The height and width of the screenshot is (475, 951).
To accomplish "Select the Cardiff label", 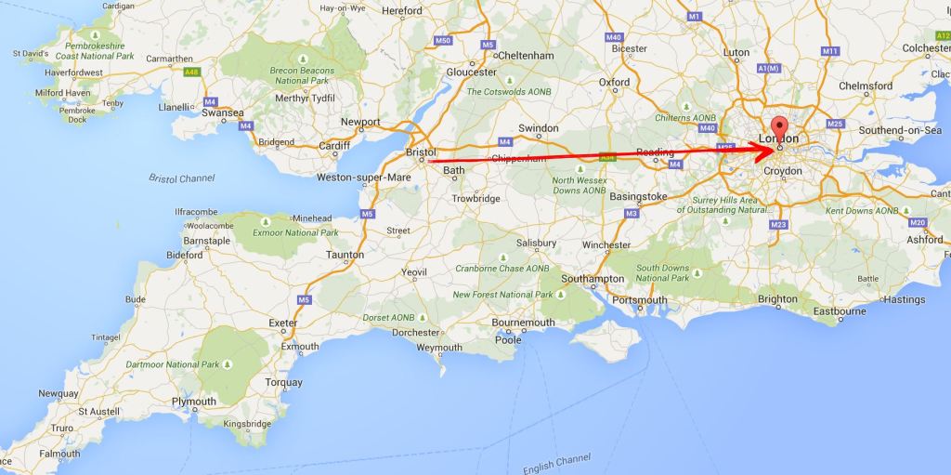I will click(x=334, y=145).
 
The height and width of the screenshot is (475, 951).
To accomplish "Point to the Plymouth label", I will click(x=194, y=402).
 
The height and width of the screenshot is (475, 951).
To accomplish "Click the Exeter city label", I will click(x=283, y=323).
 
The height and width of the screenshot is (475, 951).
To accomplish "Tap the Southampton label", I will click(x=593, y=279).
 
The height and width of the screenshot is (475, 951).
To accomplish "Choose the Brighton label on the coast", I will click(x=777, y=299).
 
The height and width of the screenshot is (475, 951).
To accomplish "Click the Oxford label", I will click(x=614, y=82).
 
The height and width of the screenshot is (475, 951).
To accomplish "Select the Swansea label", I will click(x=223, y=112).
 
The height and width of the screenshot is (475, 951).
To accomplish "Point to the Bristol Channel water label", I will click(x=182, y=178).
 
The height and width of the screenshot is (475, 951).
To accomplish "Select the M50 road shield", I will click(x=443, y=41).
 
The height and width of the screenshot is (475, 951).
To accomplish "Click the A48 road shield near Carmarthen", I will click(x=192, y=72).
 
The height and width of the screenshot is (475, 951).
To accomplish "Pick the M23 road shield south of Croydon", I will click(x=778, y=225).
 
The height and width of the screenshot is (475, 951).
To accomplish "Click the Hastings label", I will click(x=905, y=299).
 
